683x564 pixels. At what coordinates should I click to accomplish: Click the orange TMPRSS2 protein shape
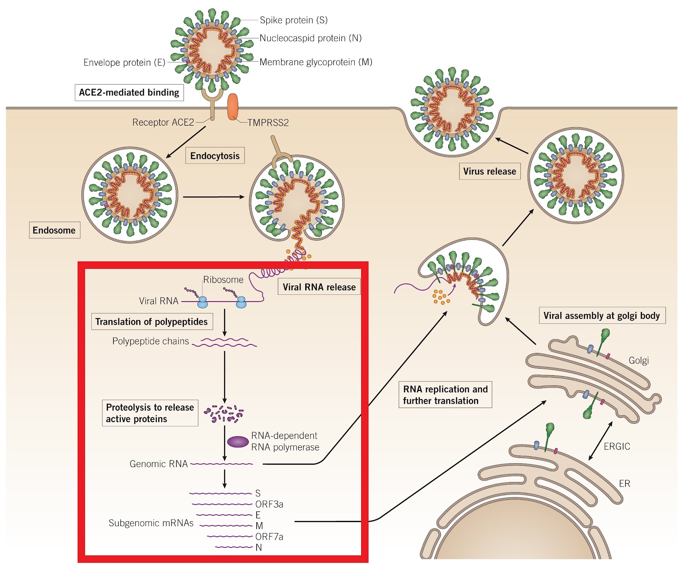(233, 107)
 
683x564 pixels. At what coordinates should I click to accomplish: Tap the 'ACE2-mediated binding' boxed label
(129, 92)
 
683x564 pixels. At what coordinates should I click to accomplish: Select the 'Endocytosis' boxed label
(215, 156)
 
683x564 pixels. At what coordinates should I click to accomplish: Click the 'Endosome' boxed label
(54, 230)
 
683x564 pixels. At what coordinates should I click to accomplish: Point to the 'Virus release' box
(490, 171)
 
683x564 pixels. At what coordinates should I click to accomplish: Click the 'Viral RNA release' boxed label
(319, 287)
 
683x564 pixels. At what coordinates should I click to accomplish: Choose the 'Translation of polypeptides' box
(152, 322)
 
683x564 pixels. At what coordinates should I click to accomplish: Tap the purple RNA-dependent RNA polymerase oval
(238, 441)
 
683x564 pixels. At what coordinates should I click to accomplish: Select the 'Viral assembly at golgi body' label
(601, 316)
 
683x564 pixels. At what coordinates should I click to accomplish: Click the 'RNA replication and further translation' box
(445, 395)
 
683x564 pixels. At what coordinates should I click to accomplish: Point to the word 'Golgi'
(639, 360)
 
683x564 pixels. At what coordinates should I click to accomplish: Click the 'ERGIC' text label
(617, 446)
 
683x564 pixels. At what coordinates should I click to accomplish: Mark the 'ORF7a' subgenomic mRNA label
(269, 537)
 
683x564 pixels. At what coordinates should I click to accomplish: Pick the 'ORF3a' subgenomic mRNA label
(269, 504)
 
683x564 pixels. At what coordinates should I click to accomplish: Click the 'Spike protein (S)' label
(294, 20)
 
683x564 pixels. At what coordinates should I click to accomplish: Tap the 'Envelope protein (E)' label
(124, 62)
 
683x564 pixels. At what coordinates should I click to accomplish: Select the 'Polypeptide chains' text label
(150, 341)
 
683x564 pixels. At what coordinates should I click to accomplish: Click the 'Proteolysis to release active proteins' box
(150, 413)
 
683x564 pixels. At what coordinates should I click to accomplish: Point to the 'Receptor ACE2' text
(163, 123)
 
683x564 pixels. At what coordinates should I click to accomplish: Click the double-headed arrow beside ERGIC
(601, 441)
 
